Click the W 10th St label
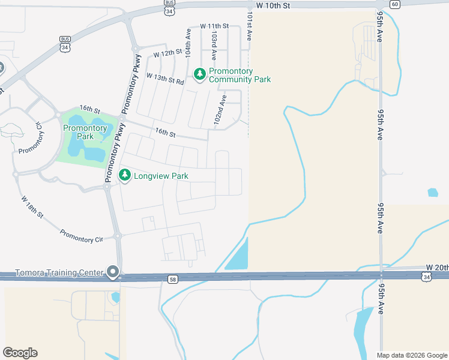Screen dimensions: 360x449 tap(273, 5)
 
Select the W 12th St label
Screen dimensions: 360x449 tap(167, 53)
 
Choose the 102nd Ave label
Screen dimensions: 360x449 tap(220, 110)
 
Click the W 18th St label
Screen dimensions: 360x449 tap(32, 206)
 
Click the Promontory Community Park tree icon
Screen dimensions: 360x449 tap(200, 74)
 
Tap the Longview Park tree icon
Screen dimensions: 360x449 tap(125, 175)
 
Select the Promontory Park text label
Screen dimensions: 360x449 tap(85, 132)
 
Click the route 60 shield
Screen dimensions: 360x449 tap(394, 4)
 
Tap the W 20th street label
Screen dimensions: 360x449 tap(437, 266)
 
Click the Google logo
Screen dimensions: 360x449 tap(20, 353)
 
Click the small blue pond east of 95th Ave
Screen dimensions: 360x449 tap(433, 193)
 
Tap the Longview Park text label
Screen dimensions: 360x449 tap(161, 176)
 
